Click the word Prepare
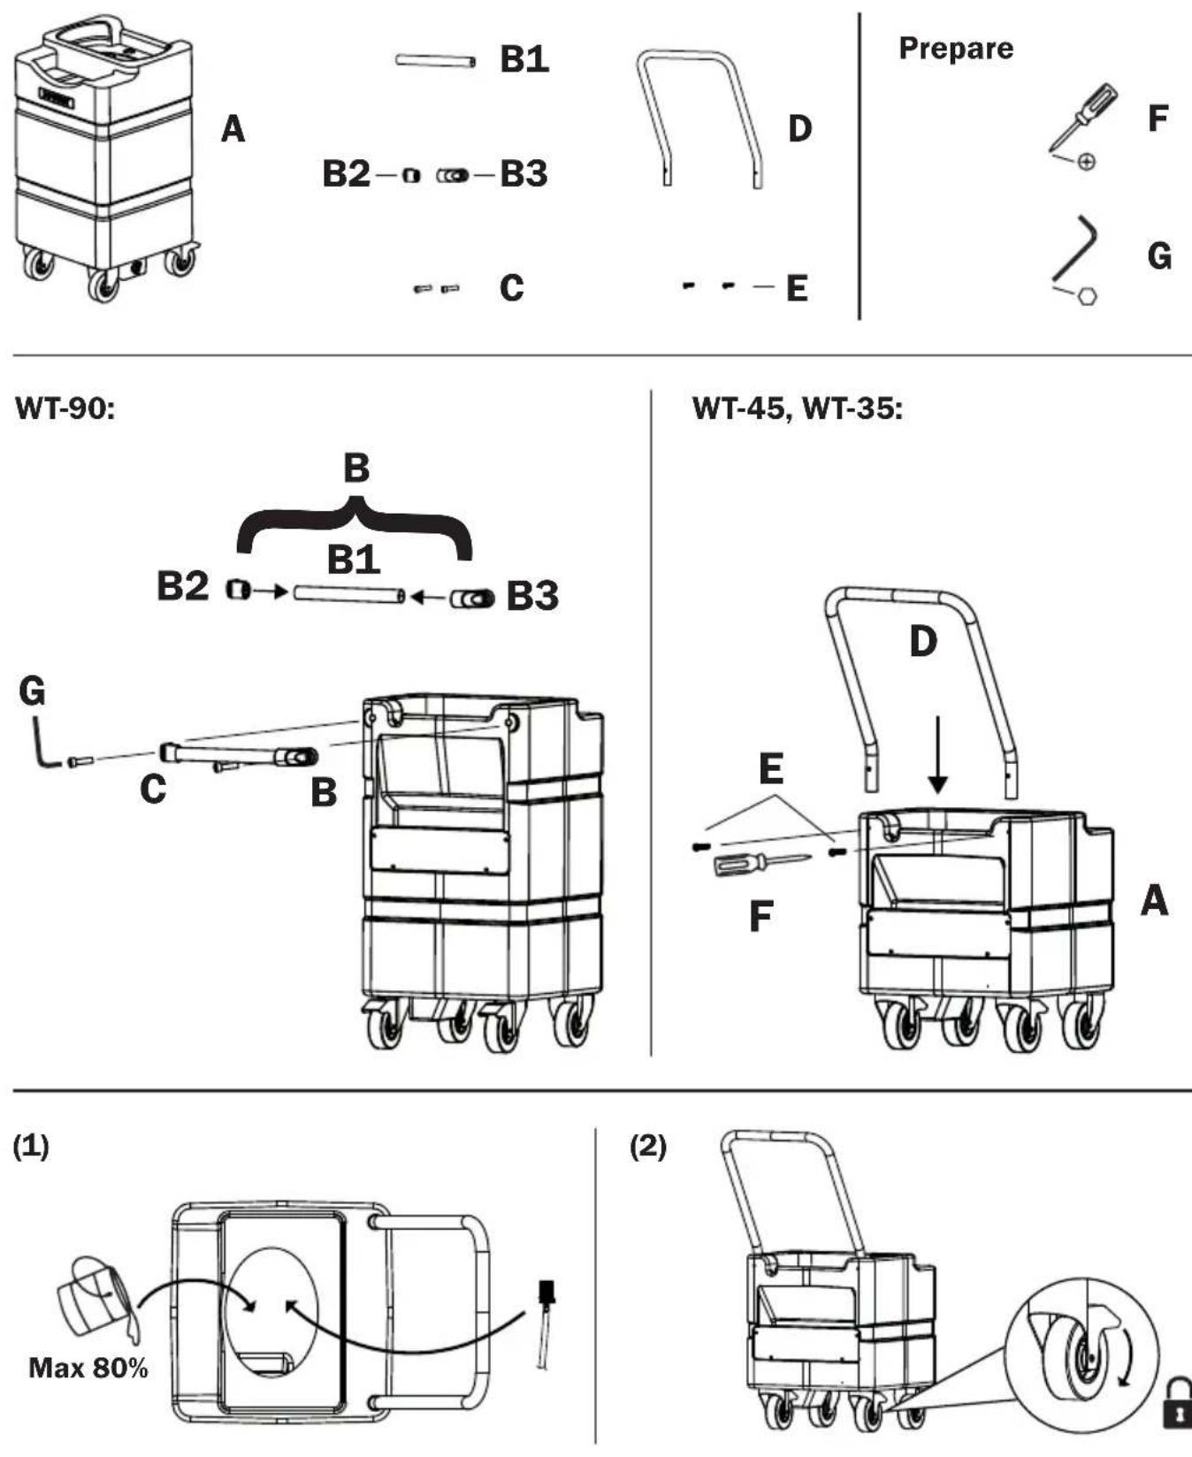point(956,49)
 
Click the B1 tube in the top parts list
point(435,61)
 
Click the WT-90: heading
point(65,410)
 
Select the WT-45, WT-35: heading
point(798,409)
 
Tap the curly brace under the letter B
point(355,523)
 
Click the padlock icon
point(1177,1403)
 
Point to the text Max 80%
point(88,1369)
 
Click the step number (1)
point(31,1147)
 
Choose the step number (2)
point(648,1147)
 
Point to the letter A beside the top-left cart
point(233,130)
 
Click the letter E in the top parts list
point(797,288)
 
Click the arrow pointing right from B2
point(269,591)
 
